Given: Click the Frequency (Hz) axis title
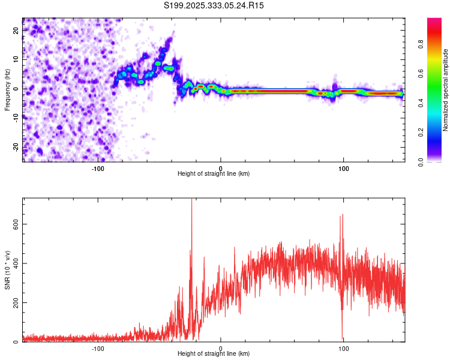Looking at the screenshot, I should click(x=7, y=89).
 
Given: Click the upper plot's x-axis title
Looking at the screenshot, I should click(x=214, y=173).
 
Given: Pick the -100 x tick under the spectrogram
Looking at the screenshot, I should click(x=98, y=169).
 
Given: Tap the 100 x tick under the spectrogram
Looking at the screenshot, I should click(x=344, y=169).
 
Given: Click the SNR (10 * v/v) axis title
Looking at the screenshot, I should click(x=7, y=269).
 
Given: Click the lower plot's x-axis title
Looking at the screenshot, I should click(x=214, y=354).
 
